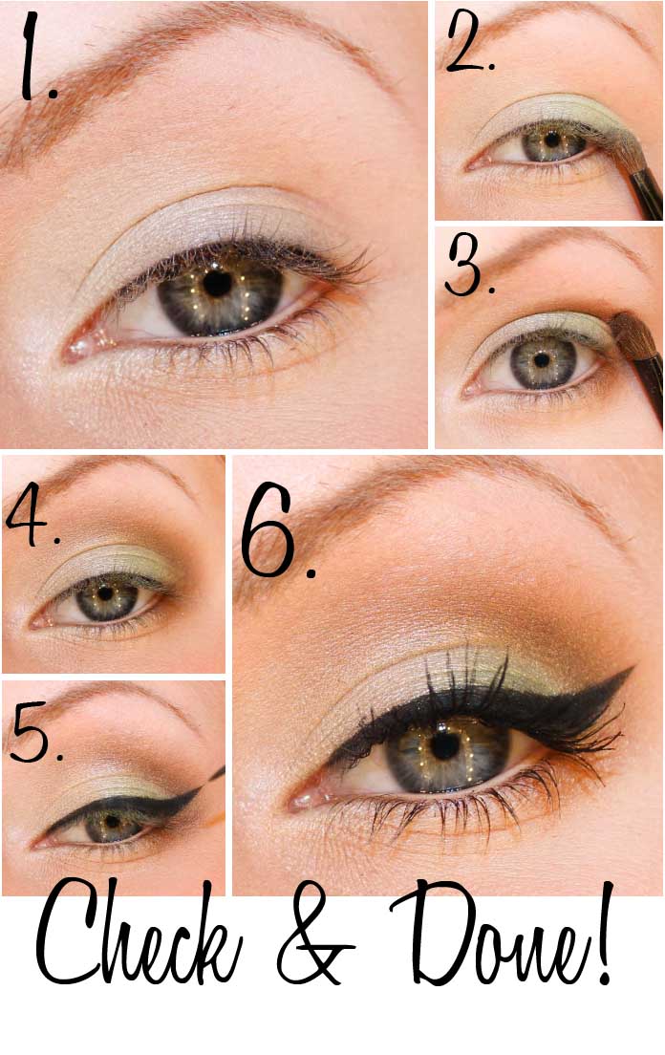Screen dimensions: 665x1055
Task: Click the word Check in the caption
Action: pyautogui.click(x=138, y=936)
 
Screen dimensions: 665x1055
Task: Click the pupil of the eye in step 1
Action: pyautogui.click(x=217, y=283)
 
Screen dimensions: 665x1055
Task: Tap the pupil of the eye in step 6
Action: pyautogui.click(x=444, y=744)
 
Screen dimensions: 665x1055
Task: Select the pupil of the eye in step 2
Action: pyautogui.click(x=552, y=140)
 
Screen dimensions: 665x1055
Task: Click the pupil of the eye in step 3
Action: pyautogui.click(x=542, y=360)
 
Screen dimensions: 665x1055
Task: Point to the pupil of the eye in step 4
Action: pyautogui.click(x=105, y=592)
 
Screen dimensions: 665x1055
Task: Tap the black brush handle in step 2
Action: pyautogui.click(x=647, y=193)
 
